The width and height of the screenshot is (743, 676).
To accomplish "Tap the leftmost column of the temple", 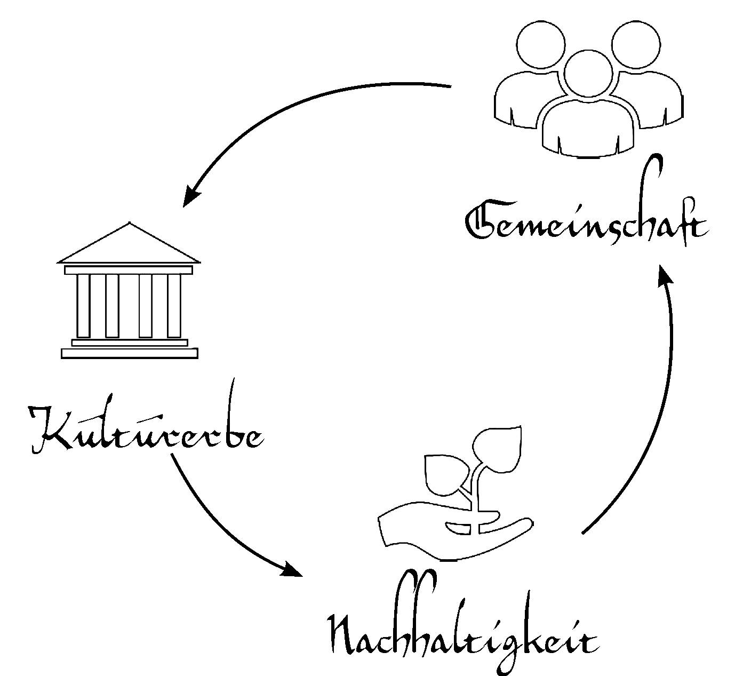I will coord(83,305).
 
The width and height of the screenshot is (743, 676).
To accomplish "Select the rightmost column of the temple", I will coord(174,305).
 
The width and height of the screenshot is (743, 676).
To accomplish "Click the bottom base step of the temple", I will coord(129,353).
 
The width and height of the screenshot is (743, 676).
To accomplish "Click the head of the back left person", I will coord(540,46).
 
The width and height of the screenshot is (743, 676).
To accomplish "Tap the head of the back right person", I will coord(636,46).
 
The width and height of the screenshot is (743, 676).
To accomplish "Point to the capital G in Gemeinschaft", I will coord(483,222).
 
